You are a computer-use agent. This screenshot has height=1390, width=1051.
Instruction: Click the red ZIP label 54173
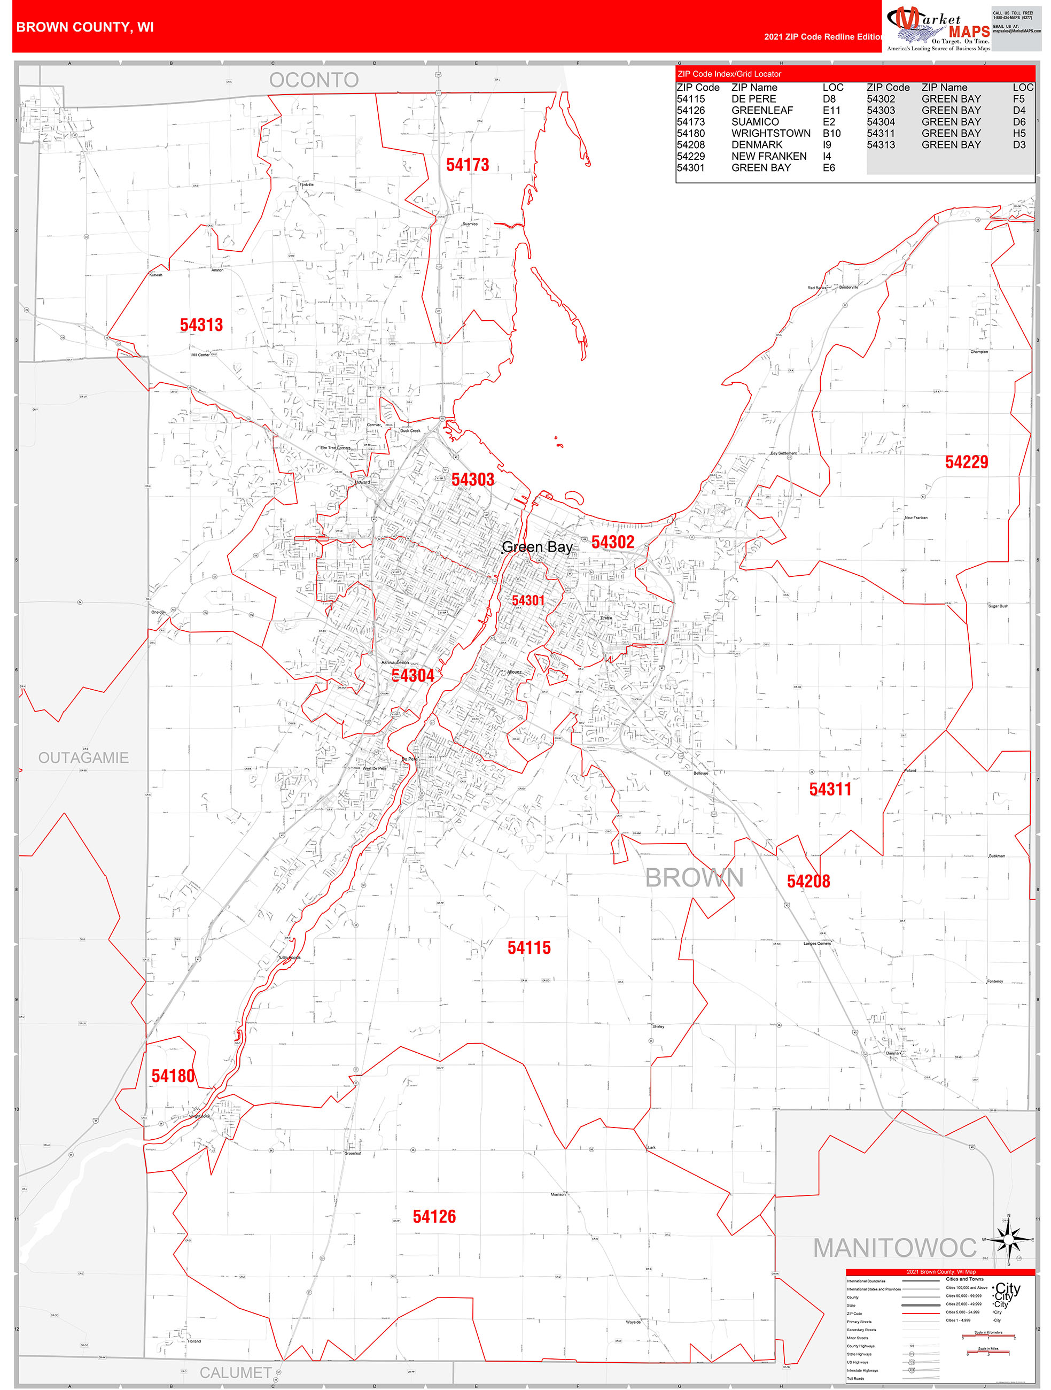[468, 165]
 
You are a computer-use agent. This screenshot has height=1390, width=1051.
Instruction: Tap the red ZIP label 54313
[201, 325]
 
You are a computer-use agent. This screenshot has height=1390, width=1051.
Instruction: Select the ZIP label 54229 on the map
[966, 462]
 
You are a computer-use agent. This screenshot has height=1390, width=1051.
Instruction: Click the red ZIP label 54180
[173, 1076]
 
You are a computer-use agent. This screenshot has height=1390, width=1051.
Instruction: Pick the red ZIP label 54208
[808, 882]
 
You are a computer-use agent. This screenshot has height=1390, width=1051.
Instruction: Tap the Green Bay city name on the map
[537, 547]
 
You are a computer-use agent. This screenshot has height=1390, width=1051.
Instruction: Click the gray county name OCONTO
[314, 80]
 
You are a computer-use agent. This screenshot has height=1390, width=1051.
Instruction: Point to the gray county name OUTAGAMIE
[83, 758]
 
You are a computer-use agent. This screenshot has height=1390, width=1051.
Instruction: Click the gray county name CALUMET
[236, 1373]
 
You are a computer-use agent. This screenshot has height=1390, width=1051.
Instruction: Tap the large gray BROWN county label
[694, 878]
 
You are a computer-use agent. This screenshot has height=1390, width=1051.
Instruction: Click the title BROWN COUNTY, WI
[85, 27]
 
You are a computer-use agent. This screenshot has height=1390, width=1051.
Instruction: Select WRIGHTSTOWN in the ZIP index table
[770, 133]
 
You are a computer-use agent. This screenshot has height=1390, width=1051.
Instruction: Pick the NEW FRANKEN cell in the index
[768, 156]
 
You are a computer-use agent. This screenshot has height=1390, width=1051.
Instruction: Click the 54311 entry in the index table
[880, 133]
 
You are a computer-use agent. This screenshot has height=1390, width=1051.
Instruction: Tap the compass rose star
[1008, 1240]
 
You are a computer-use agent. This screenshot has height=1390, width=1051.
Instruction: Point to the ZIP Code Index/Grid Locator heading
[729, 74]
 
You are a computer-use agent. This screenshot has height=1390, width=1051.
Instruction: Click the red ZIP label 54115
[529, 948]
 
